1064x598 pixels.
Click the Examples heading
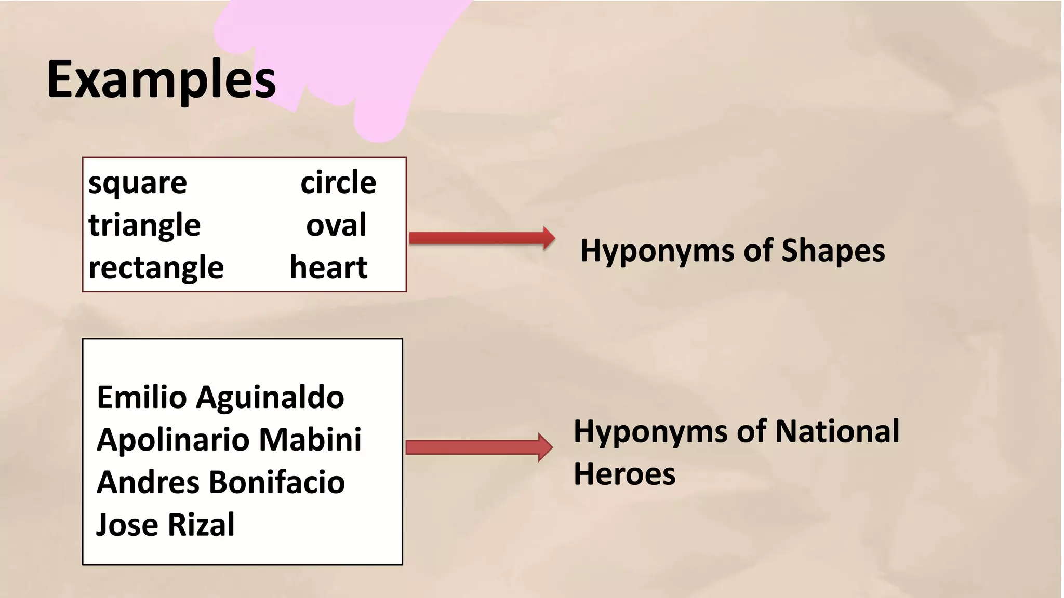[161, 79]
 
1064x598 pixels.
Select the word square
[138, 183]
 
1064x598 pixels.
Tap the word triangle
[144, 226]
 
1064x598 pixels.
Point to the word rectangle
[156, 268]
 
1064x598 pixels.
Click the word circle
[338, 183]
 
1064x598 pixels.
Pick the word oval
[336, 225]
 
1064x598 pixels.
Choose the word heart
[328, 268]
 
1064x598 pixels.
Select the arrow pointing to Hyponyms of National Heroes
[478, 447]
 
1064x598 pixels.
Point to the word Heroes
[624, 474]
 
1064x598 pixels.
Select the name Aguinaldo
[270, 398]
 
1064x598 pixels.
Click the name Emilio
[142, 398]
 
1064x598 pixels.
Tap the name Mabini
[310, 440]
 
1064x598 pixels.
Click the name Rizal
[201, 525]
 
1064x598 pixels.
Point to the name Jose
[127, 525]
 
